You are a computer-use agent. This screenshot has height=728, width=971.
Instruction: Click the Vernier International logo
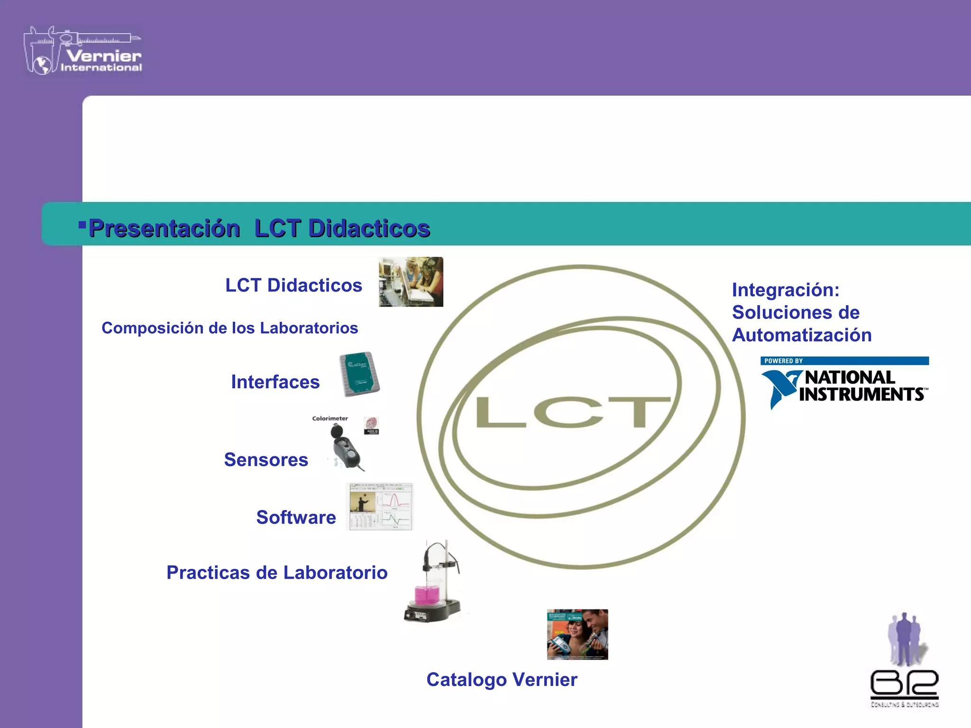(83, 51)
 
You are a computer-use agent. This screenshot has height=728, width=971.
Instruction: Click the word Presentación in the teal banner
(164, 228)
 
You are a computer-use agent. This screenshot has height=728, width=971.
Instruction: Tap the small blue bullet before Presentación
(82, 224)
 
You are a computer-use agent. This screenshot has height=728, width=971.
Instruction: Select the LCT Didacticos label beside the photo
(293, 285)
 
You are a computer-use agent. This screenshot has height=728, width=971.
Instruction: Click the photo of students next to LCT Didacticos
(411, 282)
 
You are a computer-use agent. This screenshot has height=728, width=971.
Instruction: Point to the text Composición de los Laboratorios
(229, 328)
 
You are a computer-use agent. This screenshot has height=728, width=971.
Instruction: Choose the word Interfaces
(275, 382)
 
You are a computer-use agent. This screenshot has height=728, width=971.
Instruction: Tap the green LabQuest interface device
(359, 374)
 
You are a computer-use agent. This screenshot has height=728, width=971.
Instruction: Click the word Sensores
(266, 460)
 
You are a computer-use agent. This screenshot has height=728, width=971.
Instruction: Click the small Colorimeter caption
(330, 419)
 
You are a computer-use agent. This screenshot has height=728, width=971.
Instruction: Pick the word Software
(296, 517)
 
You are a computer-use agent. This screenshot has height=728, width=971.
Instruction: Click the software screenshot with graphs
(381, 507)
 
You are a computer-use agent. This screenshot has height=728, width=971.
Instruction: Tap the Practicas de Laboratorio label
(277, 573)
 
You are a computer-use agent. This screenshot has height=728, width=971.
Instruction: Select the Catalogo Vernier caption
(502, 680)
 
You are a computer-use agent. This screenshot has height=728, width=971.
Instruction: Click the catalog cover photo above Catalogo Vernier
(577, 635)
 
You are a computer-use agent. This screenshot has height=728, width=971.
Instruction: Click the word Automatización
(802, 335)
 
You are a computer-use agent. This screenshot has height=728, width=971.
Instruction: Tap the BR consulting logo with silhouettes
(904, 661)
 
